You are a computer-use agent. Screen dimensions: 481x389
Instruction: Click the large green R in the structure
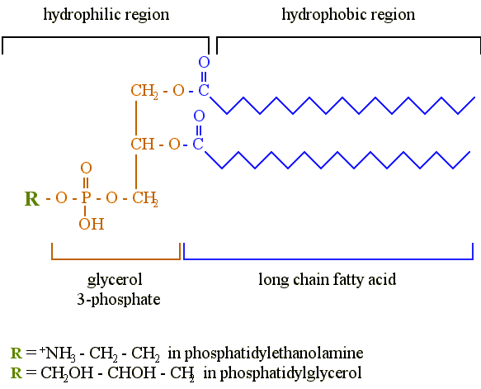coord(32,199)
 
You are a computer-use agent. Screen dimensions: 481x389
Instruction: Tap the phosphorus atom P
coord(86,197)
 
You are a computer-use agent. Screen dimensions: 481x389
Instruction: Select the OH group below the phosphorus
coord(92,224)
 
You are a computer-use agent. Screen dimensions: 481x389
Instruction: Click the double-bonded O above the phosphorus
coord(86,168)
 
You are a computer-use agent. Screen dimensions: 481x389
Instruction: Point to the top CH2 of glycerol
coord(144,91)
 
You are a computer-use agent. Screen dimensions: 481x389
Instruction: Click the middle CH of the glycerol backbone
coord(143,144)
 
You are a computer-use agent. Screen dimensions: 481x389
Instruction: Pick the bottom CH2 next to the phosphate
coord(145,199)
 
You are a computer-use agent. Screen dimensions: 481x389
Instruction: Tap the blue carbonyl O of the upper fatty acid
coord(204,62)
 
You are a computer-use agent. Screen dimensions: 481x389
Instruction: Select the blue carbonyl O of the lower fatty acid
coord(199,116)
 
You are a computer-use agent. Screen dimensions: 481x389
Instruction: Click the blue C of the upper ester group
coord(204,90)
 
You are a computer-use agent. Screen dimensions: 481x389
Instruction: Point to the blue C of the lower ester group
coord(198,144)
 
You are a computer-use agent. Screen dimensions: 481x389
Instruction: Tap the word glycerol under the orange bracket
coord(115,280)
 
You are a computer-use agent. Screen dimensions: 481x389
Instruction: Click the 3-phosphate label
coord(119,299)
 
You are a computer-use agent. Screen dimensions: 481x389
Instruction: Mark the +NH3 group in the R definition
coord(58,353)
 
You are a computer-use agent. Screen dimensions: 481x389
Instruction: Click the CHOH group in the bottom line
coord(132,372)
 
